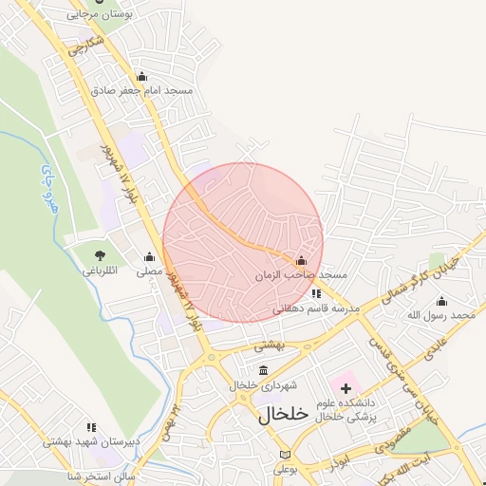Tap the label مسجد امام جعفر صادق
(142, 91)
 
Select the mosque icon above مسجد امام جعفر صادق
(142, 76)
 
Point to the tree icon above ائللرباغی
(99, 254)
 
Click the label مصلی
(149, 271)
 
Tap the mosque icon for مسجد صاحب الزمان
(302, 260)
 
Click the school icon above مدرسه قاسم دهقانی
(315, 293)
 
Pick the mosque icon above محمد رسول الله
(441, 300)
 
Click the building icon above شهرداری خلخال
(262, 370)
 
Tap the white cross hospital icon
(346, 387)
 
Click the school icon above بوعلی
(286, 454)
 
